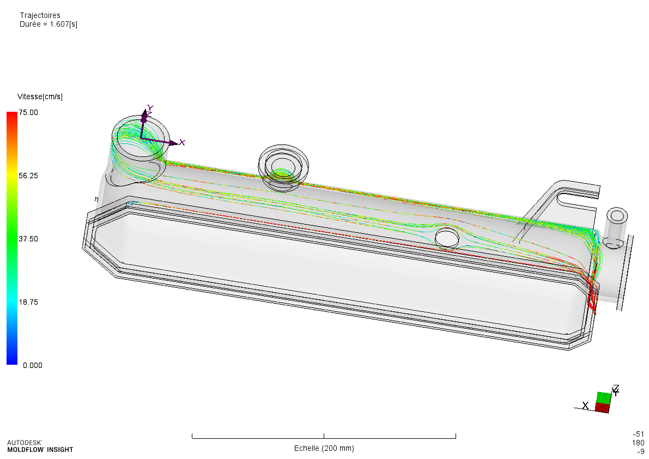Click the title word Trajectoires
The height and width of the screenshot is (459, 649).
coord(40,15)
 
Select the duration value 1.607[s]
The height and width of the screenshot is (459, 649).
coord(64,24)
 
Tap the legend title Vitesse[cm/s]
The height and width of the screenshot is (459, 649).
coord(40,97)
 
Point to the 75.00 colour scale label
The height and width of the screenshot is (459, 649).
coord(28,113)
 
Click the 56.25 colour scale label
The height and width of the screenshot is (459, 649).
coord(28,176)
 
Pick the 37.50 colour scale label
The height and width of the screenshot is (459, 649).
coord(28,239)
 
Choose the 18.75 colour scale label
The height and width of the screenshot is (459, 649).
coord(28,302)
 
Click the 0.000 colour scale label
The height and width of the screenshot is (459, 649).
coord(33,365)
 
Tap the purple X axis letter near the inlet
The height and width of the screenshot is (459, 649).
coord(182,143)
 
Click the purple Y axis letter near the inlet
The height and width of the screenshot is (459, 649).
coord(150,108)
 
